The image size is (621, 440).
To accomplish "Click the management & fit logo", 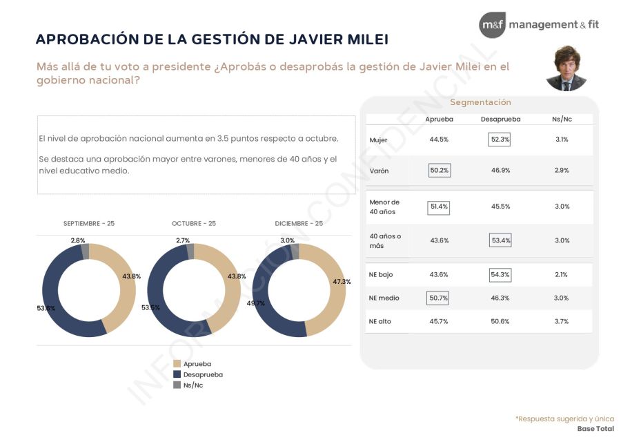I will (x=539, y=25).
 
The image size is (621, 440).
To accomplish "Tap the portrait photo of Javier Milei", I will (x=566, y=69).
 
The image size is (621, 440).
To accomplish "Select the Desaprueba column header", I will (x=500, y=119).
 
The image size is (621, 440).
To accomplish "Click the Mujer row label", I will (x=378, y=140).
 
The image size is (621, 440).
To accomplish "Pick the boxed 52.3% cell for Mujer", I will (x=500, y=140).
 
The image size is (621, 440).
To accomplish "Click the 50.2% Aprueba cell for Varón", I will (x=439, y=170).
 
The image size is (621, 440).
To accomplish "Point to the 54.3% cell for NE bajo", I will (x=500, y=275).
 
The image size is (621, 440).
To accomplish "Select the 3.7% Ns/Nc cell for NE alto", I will (x=562, y=322).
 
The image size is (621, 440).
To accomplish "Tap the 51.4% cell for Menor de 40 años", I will (x=439, y=207).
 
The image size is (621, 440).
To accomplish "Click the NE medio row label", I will (x=384, y=298).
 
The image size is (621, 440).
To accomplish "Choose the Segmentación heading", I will (x=480, y=102).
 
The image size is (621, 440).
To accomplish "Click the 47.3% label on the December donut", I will (x=342, y=282).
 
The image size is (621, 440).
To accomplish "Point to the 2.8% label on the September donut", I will (x=77, y=240).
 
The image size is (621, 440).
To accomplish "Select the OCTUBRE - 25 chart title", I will (x=193, y=224).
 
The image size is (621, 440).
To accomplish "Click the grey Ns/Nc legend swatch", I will (x=177, y=385).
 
